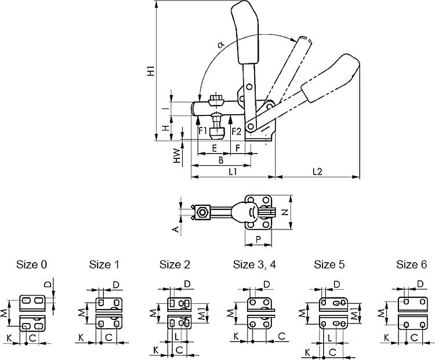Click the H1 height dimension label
[150, 72]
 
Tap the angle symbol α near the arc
[221, 44]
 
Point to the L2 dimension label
[317, 172]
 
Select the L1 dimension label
[231, 172]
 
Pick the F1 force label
[204, 131]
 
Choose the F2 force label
[236, 131]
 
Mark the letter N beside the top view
[285, 213]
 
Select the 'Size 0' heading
[32, 265]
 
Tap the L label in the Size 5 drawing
[329, 337]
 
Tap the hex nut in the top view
[202, 213]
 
